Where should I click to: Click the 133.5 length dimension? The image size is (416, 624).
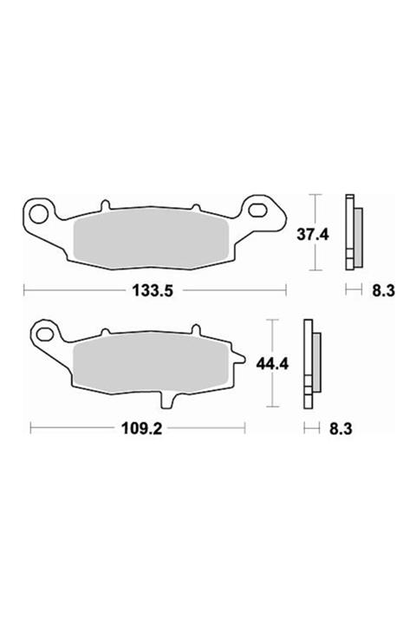pos(153,290)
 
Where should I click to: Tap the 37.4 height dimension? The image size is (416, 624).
pos(313,235)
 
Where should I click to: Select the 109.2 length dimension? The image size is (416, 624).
pos(141,429)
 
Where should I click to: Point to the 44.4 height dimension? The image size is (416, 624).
pos(272,364)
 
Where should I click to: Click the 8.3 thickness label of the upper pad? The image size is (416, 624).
pos(383,290)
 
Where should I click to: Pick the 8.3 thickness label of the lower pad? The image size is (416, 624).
pos(341,429)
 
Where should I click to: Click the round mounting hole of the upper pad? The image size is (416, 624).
pos(39,214)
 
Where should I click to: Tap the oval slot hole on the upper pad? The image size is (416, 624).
pos(259,210)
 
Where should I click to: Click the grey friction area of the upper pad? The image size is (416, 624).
pos(152,239)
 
